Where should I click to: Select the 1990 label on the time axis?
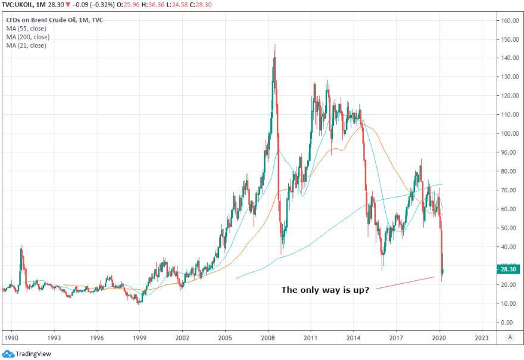[x=11, y=337]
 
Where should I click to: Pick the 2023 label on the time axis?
[x=482, y=337]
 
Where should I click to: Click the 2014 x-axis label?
[x=353, y=337]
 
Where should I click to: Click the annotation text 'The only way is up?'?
[x=325, y=290]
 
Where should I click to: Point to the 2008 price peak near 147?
[x=275, y=45]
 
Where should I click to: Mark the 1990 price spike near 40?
[x=22, y=246]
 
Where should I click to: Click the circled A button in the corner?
[x=509, y=337]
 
